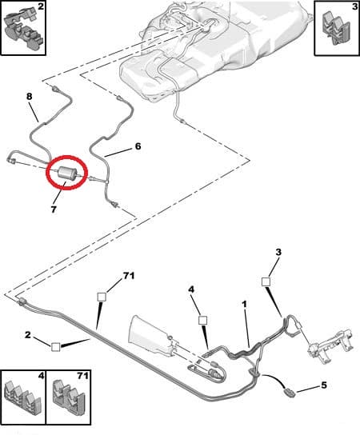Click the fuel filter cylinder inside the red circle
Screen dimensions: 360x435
[x=66, y=172]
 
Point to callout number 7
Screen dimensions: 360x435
[x=54, y=210]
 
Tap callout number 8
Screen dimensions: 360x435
[x=29, y=96]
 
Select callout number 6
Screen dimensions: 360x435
[x=138, y=146]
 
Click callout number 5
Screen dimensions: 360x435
[x=324, y=385]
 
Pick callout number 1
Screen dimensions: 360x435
[x=244, y=305]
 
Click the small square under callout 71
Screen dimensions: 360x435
[x=102, y=297]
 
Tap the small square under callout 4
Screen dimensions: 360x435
[x=203, y=321]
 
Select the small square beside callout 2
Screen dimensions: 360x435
[x=56, y=347]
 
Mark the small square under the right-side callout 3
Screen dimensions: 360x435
[x=266, y=281]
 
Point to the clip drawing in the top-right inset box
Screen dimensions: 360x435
[x=335, y=28]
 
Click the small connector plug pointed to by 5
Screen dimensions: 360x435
[x=290, y=393]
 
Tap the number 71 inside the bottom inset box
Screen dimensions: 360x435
[x=82, y=376]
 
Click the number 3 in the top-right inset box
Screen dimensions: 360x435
[x=354, y=6]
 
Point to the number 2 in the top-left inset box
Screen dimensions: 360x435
[x=41, y=6]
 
